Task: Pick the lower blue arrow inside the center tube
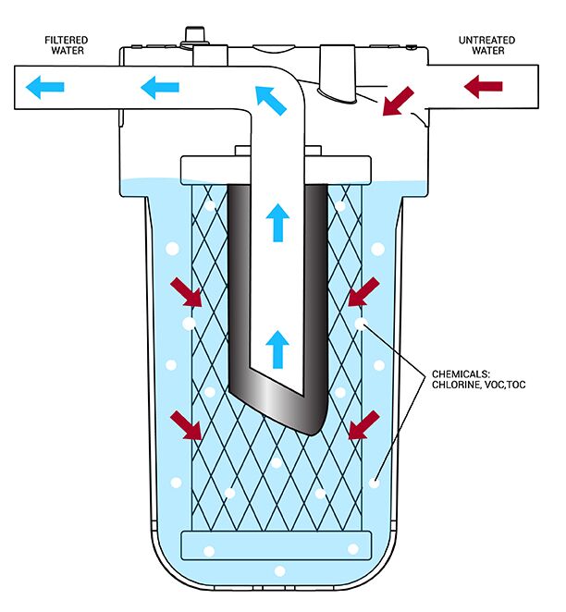pos(277,349)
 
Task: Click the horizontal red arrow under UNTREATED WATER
pos(483,88)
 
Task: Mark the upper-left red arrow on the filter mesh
pos(191,294)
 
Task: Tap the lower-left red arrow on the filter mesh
pos(191,425)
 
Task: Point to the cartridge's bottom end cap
pos(277,545)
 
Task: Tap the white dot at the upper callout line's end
pos(361,324)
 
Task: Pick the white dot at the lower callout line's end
pos(375,482)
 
